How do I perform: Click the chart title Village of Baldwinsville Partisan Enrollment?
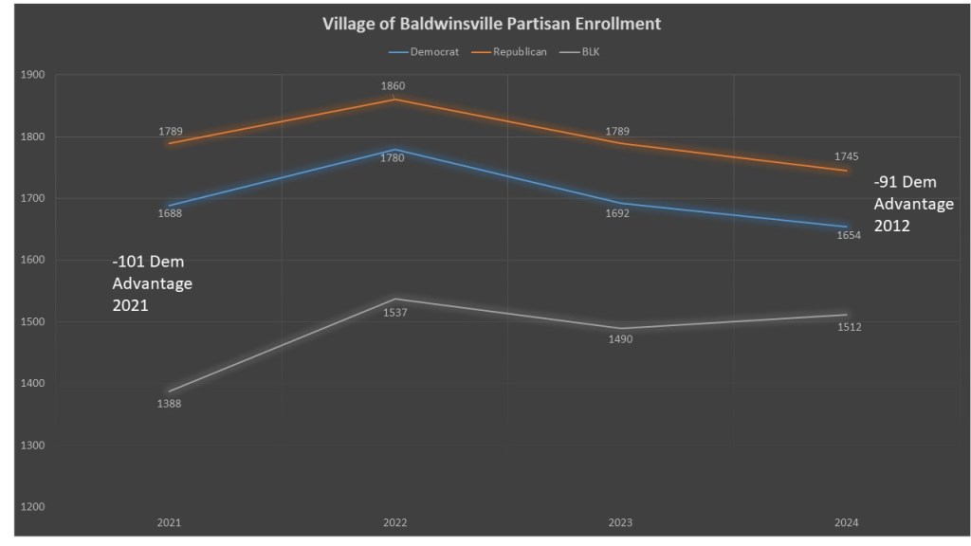click(491, 24)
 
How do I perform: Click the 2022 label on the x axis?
click(395, 522)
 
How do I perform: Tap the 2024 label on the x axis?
click(847, 522)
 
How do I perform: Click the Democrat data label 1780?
click(394, 158)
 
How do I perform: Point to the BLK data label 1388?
click(170, 404)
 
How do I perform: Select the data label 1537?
click(394, 313)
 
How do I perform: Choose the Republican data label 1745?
click(847, 156)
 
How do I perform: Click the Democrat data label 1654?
click(848, 236)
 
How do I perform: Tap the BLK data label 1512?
click(848, 328)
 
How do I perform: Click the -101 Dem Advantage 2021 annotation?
click(153, 283)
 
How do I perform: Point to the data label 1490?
click(620, 339)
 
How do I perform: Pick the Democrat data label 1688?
click(170, 213)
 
